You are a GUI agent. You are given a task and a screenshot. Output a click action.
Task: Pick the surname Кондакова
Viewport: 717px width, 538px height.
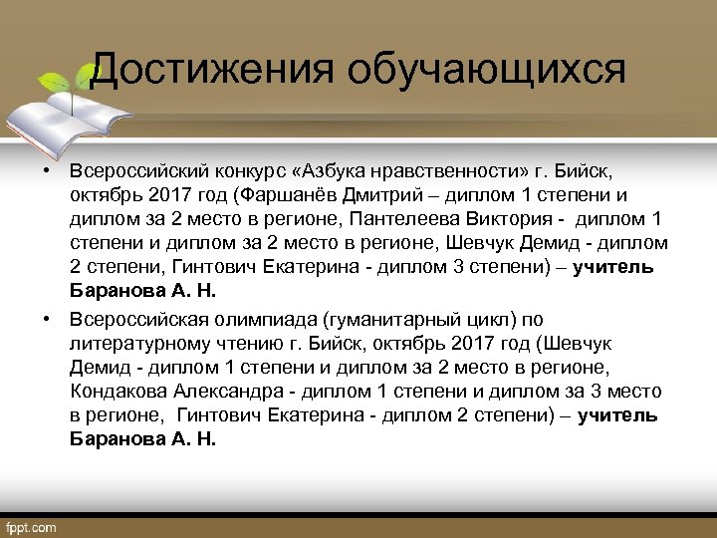pos(124,392)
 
